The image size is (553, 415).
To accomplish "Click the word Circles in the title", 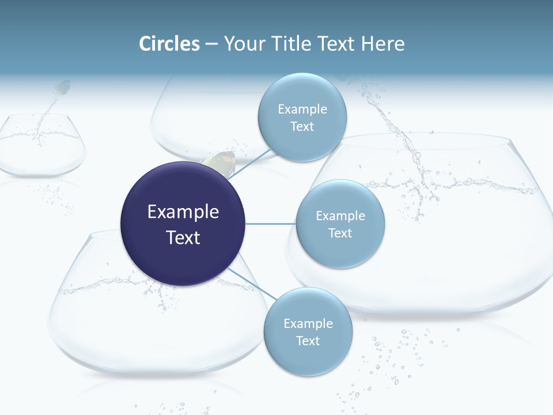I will point(169,44).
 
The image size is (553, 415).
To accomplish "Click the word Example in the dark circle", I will point(183,212).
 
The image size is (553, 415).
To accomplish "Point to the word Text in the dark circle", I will point(183,237).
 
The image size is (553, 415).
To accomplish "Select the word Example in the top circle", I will point(302,109).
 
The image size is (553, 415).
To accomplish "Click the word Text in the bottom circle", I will point(308,341).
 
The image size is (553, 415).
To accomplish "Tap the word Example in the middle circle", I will point(340,216).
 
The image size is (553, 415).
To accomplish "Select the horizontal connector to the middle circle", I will point(270,224).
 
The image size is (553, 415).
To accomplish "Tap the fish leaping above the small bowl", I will point(62,88).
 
